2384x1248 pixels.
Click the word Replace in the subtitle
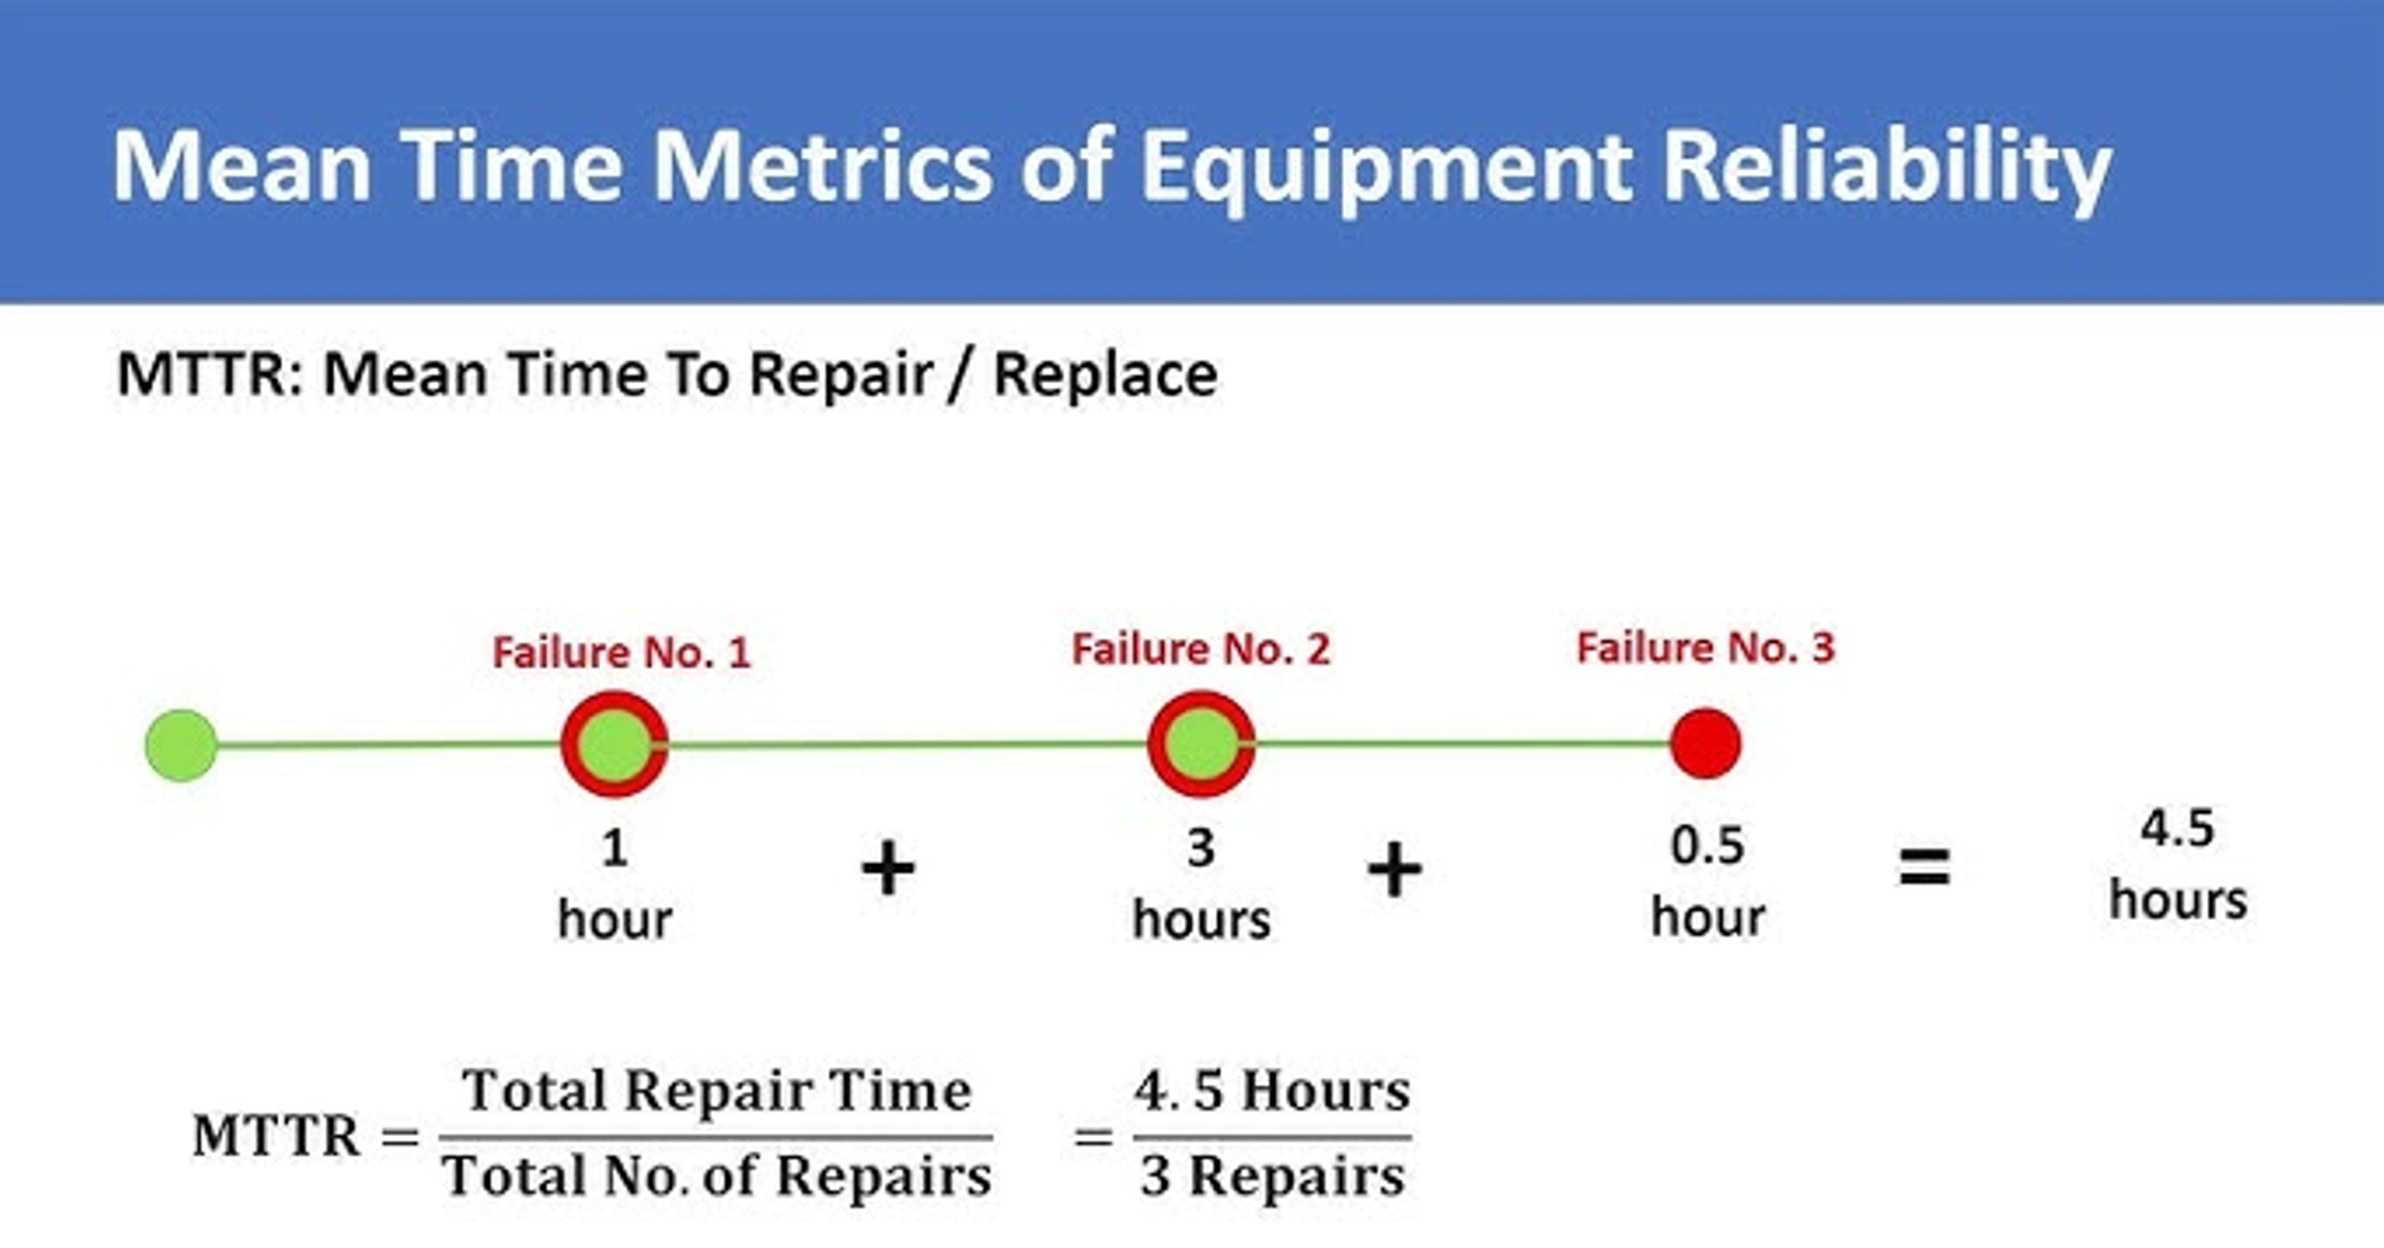tap(1105, 374)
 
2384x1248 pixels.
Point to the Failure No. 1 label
tap(622, 653)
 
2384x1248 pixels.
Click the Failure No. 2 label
tap(1200, 649)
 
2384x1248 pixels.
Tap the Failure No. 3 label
tap(1705, 648)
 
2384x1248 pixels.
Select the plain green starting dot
tap(181, 745)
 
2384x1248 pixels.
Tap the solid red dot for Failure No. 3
tap(1706, 743)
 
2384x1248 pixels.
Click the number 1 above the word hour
tap(615, 847)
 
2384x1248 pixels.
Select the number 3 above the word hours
tap(1200, 847)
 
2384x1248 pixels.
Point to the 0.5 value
tap(1707, 845)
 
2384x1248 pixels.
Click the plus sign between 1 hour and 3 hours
tap(888, 868)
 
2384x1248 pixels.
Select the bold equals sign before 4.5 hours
tap(1924, 867)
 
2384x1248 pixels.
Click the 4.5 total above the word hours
tap(2178, 829)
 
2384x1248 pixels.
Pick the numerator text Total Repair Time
tap(717, 1090)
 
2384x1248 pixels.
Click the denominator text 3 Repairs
tap(1272, 1175)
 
